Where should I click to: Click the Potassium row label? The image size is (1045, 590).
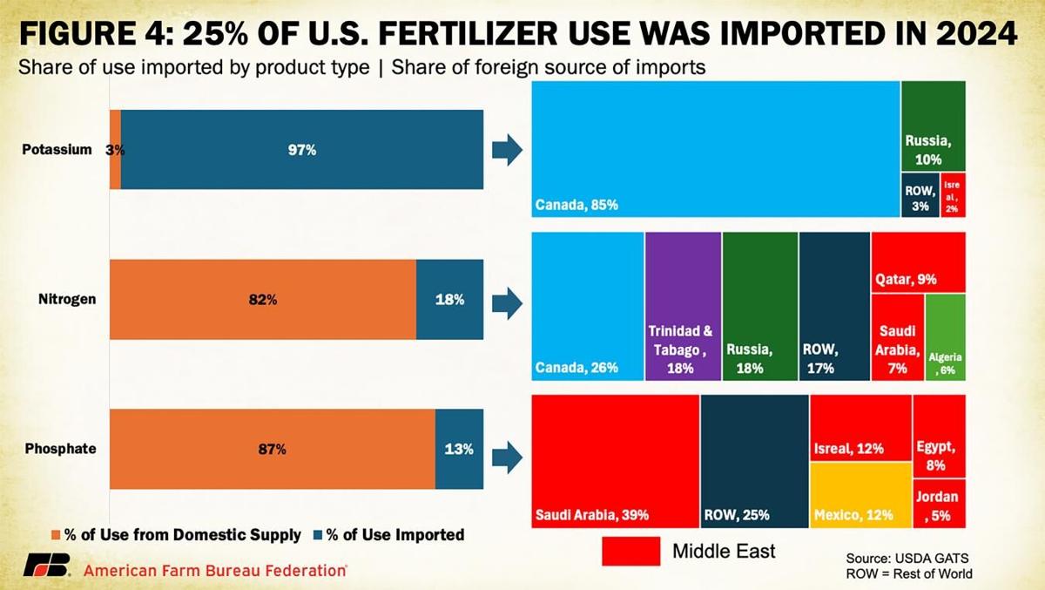[57, 149]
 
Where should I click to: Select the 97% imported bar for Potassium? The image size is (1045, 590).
[301, 150]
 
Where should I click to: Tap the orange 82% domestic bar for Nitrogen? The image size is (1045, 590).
[262, 300]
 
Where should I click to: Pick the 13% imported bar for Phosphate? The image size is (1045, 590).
[459, 450]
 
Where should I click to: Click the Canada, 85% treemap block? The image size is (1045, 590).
[715, 149]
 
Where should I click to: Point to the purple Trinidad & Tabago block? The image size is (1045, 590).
[683, 306]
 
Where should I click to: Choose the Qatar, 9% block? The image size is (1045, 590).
[918, 261]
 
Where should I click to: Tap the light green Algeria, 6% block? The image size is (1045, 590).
[945, 336]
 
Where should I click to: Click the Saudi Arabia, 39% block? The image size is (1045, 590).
[615, 460]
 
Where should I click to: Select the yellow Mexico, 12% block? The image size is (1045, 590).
[860, 494]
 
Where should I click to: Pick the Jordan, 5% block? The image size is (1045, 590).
[939, 504]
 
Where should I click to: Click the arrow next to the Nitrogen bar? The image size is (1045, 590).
[507, 301]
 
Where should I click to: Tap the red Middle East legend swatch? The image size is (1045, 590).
[630, 551]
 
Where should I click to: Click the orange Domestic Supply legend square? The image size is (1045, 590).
[57, 534]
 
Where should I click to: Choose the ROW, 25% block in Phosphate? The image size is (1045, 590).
[754, 460]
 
